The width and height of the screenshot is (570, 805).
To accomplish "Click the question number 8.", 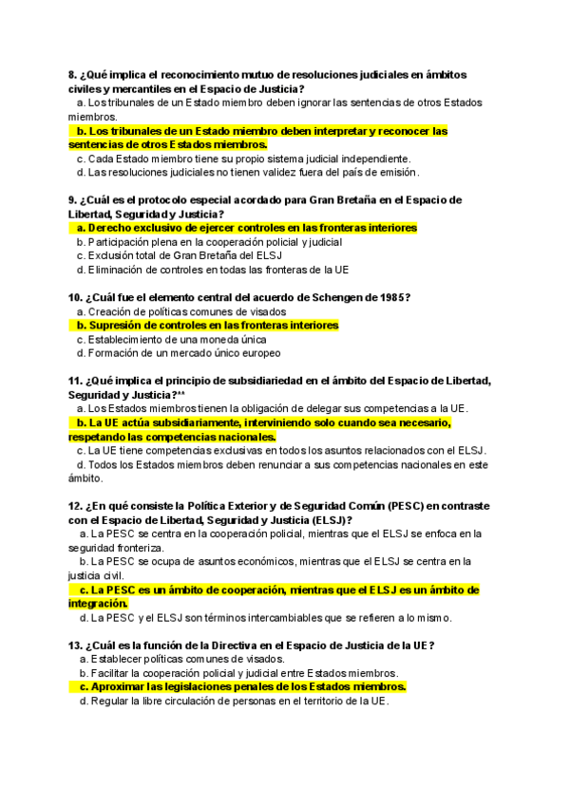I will [72, 75].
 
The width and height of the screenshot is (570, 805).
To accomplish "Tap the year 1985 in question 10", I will [392, 298].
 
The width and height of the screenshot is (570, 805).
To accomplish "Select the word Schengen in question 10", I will [329, 298].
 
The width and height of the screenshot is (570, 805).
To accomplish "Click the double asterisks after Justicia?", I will [180, 395].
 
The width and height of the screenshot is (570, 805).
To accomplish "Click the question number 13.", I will [75, 646].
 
